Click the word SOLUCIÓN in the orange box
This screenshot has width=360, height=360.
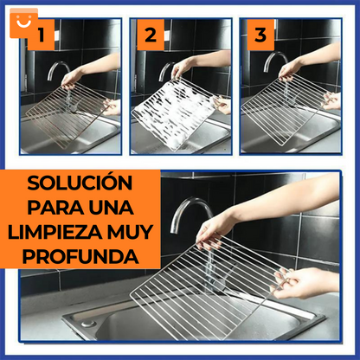(80, 184)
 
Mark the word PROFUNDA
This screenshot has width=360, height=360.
(80, 257)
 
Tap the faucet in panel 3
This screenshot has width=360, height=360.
(275, 64)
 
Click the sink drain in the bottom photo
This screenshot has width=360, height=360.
(87, 323)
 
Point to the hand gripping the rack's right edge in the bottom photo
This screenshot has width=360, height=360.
(303, 281)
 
